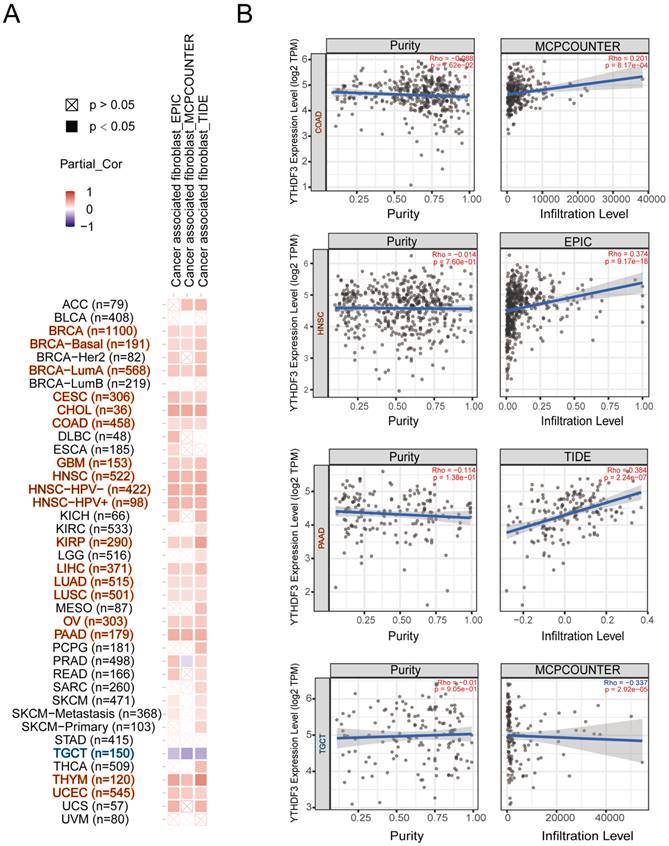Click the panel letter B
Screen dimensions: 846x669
coord(243,13)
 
